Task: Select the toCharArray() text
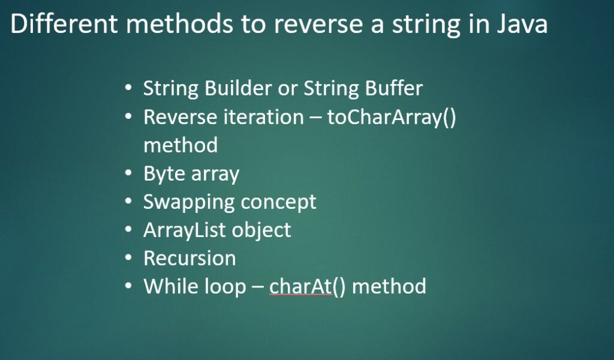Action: point(392,117)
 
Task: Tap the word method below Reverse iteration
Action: point(180,145)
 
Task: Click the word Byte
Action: point(162,173)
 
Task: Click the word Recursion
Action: point(189,258)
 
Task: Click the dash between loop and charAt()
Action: point(257,287)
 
